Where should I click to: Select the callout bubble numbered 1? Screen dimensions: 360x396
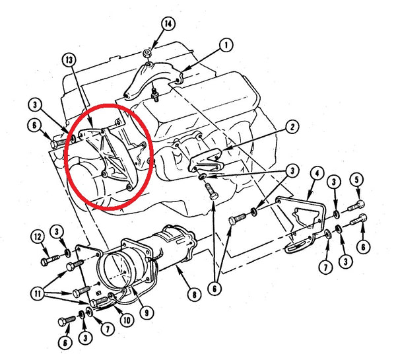[x=226, y=46]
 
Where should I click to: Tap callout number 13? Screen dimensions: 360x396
[x=69, y=60]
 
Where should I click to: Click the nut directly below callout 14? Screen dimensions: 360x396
[x=150, y=52]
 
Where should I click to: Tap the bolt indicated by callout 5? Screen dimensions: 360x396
[x=359, y=201]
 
